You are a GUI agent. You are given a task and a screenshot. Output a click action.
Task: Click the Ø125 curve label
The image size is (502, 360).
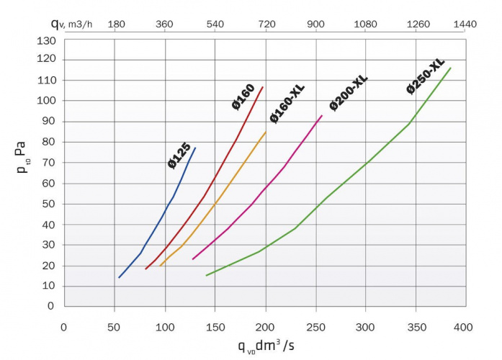click(x=179, y=156)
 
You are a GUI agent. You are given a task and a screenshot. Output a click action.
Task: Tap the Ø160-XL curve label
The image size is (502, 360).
click(x=287, y=104)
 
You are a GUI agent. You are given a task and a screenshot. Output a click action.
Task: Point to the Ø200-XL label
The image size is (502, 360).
click(x=349, y=93)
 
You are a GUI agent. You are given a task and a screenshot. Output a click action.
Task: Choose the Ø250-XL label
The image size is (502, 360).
click(x=426, y=76)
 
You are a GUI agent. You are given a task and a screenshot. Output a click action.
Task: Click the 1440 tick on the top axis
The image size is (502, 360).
click(x=466, y=24)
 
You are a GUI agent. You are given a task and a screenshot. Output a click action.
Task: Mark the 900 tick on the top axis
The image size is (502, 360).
click(x=316, y=24)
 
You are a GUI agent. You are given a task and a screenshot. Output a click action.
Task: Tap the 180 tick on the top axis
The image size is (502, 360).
click(x=117, y=24)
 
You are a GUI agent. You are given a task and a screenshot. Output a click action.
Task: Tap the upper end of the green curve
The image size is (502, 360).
click(x=451, y=68)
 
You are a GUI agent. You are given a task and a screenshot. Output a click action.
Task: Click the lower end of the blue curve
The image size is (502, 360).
click(x=119, y=277)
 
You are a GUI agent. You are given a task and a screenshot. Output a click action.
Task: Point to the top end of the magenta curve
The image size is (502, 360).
click(x=322, y=115)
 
